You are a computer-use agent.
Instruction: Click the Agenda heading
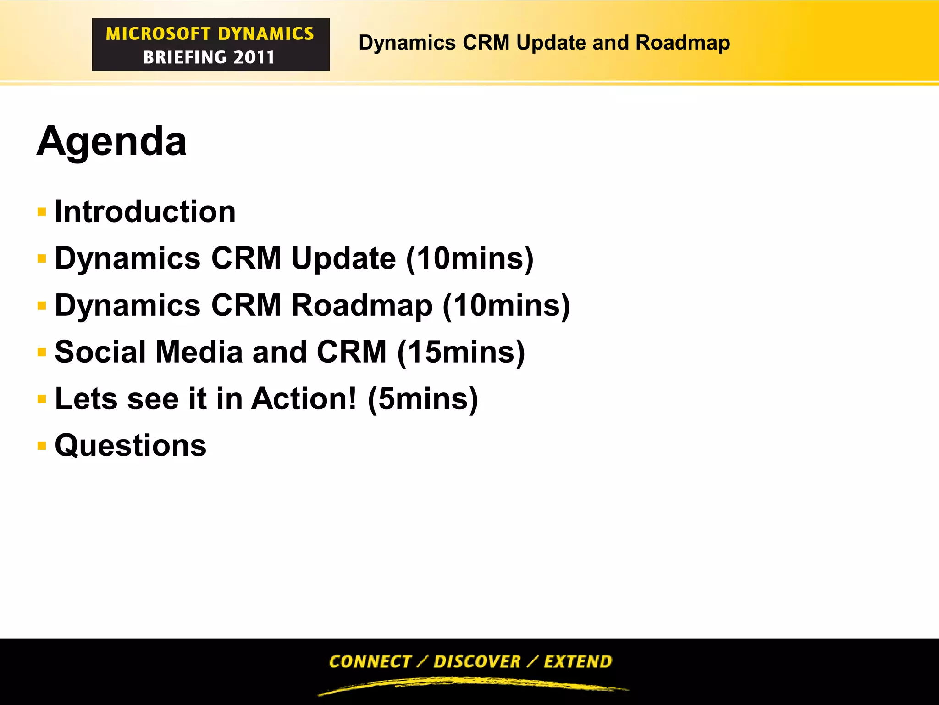[111, 141]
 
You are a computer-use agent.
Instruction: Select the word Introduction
[145, 212]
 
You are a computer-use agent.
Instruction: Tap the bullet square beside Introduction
[42, 212]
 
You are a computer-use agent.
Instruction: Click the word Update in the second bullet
[343, 258]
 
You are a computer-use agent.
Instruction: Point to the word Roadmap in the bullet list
[362, 305]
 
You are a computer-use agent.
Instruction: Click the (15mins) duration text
[461, 352]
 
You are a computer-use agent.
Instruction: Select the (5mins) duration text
[423, 398]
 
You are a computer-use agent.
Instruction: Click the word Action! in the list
[304, 398]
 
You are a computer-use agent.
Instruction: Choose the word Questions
[131, 445]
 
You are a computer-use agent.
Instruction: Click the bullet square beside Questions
[42, 445]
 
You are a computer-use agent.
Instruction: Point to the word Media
[199, 352]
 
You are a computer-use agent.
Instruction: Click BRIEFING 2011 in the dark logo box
[209, 57]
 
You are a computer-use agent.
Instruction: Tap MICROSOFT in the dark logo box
[158, 34]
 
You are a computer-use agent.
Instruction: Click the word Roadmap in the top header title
[683, 43]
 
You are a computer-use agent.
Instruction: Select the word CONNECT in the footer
[370, 661]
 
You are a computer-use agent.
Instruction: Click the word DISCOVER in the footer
[477, 661]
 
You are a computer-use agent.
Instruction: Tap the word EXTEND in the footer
[578, 661]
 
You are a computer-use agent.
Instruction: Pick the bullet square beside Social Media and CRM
[42, 352]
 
